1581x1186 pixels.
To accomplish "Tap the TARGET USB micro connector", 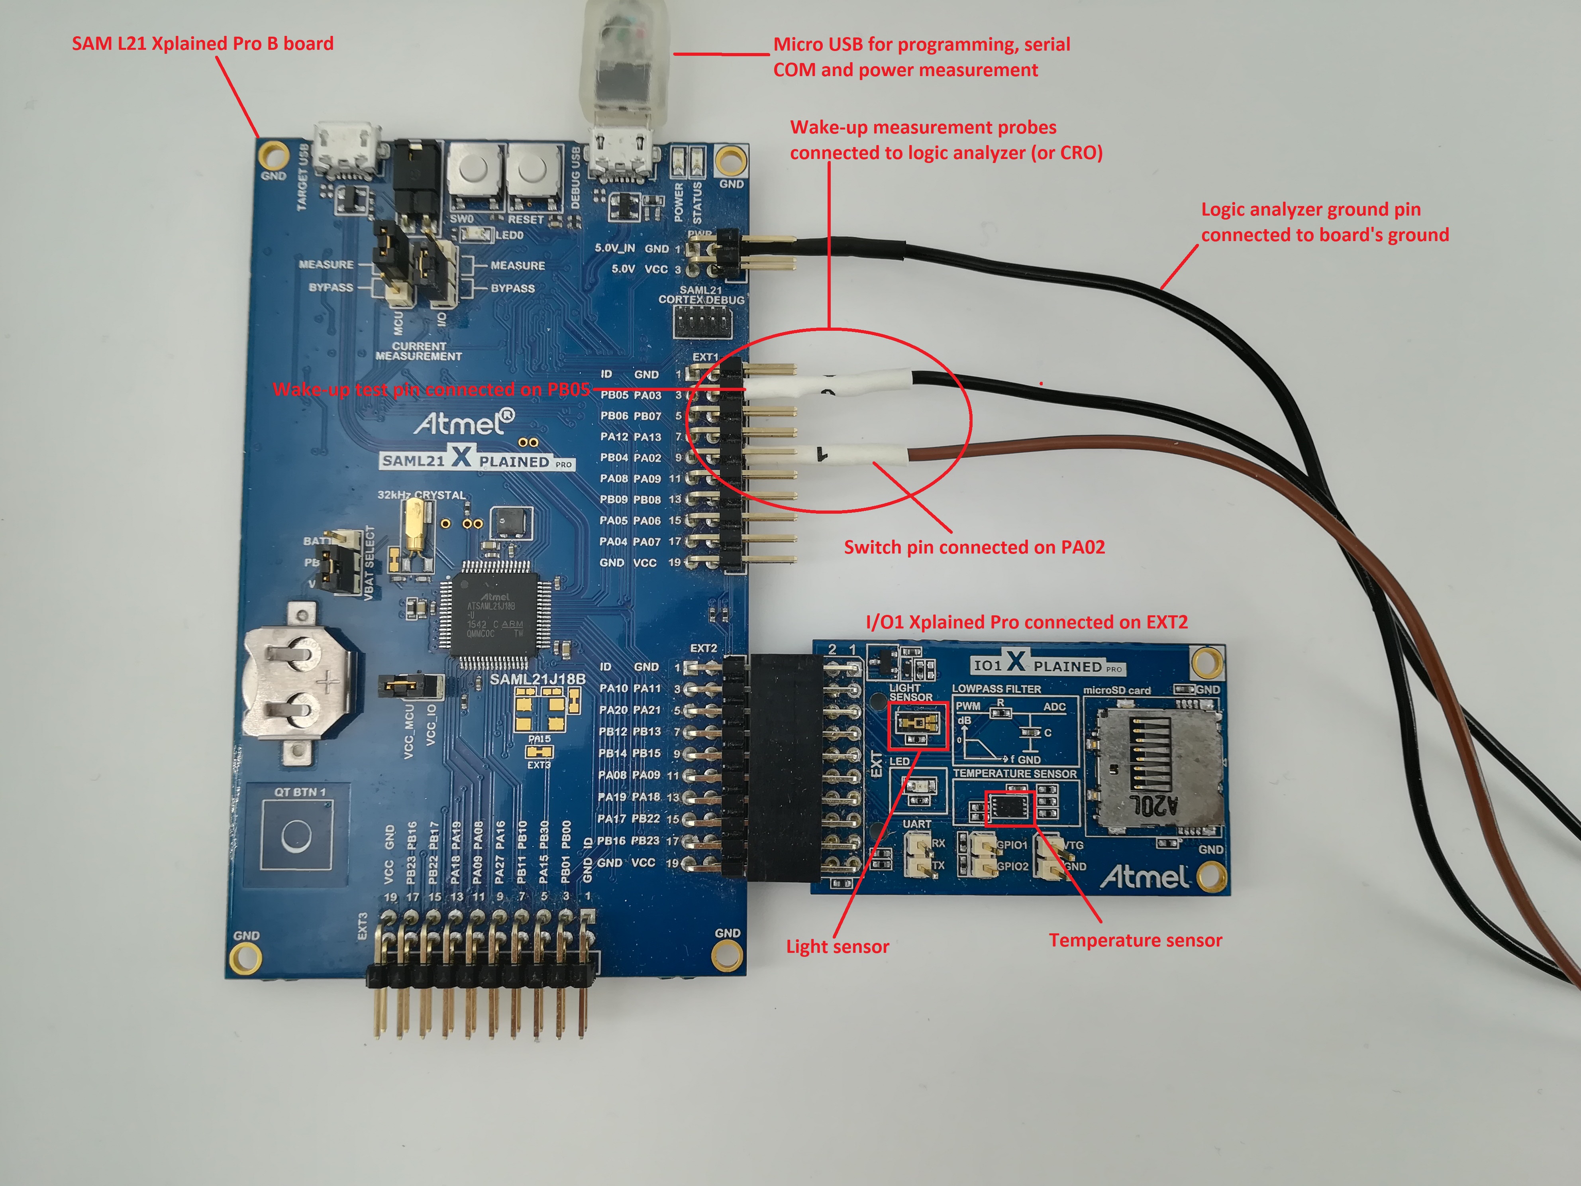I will (x=347, y=150).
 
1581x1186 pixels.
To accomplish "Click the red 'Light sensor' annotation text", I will (x=837, y=946).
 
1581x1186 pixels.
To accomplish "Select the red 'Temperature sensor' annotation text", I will (x=1135, y=940).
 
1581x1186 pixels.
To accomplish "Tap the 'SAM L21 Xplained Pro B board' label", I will (x=202, y=43).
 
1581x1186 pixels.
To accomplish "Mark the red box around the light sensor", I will (x=917, y=726).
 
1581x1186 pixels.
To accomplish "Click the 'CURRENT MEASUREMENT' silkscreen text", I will (x=419, y=351).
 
